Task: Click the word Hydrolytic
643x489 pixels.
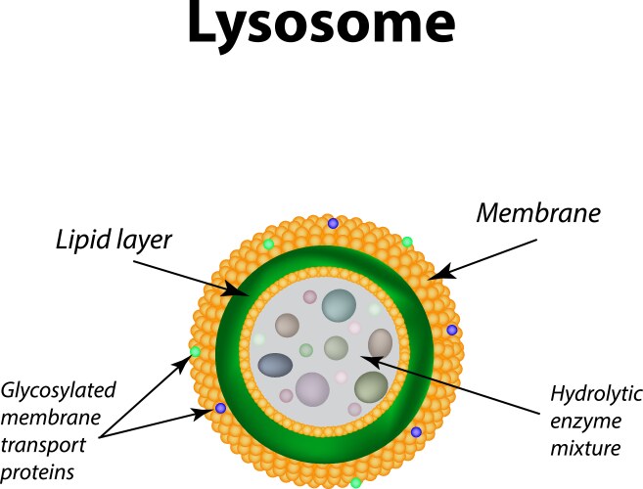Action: coord(596,395)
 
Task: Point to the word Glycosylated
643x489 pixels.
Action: coord(59,390)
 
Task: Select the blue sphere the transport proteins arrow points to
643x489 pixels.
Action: coord(221,408)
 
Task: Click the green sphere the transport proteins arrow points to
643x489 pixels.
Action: coord(195,351)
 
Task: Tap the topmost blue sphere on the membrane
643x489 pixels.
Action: coord(333,224)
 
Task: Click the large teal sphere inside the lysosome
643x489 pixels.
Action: coord(340,305)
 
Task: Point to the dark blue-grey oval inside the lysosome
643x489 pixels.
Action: coord(275,365)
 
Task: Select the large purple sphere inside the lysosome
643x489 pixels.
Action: coord(313,387)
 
